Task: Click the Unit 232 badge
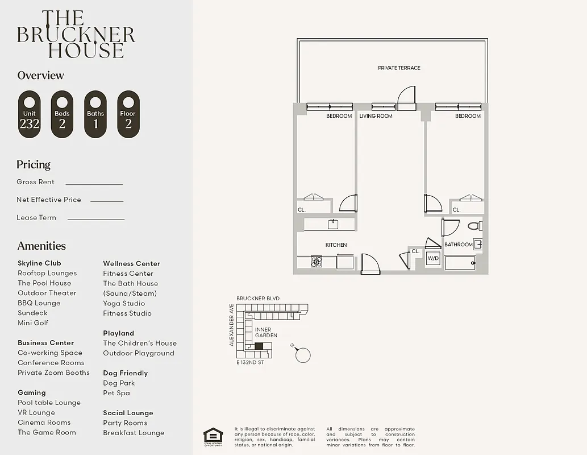click(x=30, y=114)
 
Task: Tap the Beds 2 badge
click(x=63, y=114)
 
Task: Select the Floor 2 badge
click(x=128, y=114)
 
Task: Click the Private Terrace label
click(x=399, y=68)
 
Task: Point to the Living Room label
click(x=376, y=116)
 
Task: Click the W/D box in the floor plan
click(x=433, y=258)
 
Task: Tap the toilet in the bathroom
click(x=474, y=226)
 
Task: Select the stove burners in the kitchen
click(x=317, y=262)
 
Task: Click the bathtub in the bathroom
click(x=460, y=263)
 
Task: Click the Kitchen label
click(x=336, y=245)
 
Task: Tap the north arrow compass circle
click(x=303, y=355)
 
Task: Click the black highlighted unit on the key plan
click(x=259, y=346)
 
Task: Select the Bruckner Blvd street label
click(x=258, y=299)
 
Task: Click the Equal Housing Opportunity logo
click(x=213, y=436)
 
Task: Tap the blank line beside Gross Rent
click(x=94, y=184)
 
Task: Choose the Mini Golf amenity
click(x=33, y=323)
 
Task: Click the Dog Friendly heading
click(x=125, y=373)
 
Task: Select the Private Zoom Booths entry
click(x=53, y=373)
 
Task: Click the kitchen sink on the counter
click(x=333, y=224)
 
